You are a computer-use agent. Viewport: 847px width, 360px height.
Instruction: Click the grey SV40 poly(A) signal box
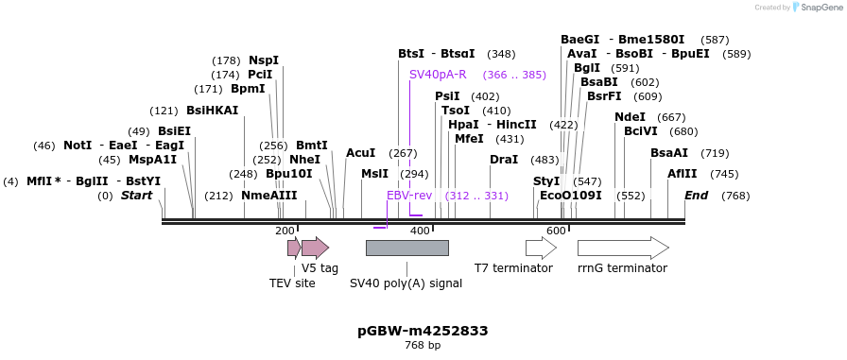coord(406,248)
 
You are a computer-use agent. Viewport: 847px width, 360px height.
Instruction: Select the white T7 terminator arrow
coord(541,248)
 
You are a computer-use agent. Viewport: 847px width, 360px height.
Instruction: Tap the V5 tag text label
coord(320,268)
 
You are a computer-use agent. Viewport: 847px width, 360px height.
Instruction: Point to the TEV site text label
coord(292,283)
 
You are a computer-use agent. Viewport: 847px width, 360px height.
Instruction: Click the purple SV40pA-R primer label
coord(438,75)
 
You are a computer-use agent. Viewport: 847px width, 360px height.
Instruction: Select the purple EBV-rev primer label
coord(409,196)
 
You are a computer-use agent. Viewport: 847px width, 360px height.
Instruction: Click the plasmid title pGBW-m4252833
coord(423,331)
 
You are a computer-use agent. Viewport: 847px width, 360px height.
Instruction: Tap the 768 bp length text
coord(423,346)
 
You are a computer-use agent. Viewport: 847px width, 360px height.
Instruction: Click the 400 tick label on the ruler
coord(419,231)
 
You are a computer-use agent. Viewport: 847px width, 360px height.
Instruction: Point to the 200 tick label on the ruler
coord(285,231)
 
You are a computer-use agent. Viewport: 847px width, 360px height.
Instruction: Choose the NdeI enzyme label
coord(630,117)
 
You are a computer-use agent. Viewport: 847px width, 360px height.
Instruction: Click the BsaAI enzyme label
coord(669,153)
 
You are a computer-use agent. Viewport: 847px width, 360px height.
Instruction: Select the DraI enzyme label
coord(504,160)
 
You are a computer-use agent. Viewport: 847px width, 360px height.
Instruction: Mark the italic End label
coord(697,196)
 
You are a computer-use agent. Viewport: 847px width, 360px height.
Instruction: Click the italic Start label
coord(136,196)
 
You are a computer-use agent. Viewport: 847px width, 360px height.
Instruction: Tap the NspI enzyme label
coord(264,60)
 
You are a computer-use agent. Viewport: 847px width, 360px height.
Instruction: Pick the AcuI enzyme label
coord(360,153)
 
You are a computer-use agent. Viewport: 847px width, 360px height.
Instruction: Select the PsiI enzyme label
coord(447,96)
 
